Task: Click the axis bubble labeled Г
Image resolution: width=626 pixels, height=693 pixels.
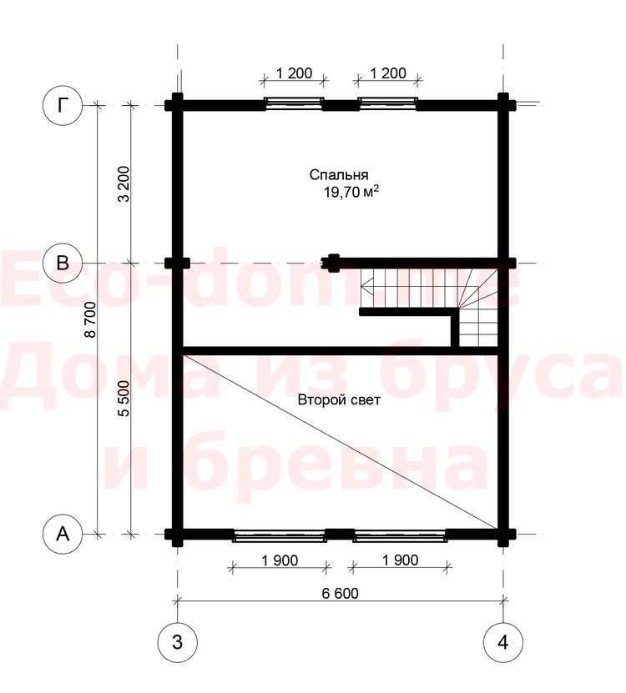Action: [63, 106]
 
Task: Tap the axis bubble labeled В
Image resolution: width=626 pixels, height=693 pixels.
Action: [63, 263]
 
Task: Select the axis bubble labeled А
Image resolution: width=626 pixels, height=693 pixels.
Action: [63, 534]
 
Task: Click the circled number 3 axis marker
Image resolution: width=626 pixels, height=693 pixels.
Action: [178, 642]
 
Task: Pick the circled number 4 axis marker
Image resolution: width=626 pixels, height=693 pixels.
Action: [503, 642]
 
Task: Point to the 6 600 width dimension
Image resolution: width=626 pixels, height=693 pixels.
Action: [341, 593]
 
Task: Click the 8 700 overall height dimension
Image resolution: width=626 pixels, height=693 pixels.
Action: [90, 319]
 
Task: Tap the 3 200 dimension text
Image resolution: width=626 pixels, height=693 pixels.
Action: [124, 184]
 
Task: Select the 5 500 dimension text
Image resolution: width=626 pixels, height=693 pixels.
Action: [124, 399]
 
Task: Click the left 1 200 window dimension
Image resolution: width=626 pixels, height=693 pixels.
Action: [294, 73]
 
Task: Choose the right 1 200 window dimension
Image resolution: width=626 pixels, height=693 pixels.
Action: [388, 73]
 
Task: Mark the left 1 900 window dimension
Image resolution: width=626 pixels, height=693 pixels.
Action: [280, 560]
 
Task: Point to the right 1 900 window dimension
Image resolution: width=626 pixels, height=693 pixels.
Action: [400, 560]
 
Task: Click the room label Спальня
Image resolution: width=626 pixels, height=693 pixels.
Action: [339, 175]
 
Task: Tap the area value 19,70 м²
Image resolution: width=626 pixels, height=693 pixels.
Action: [351, 193]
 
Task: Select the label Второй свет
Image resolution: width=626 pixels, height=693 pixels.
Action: [339, 400]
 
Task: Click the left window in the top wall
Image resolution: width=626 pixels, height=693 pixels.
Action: [294, 103]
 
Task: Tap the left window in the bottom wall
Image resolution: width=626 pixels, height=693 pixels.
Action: [280, 536]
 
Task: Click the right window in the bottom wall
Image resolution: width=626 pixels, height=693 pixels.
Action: [400, 536]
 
